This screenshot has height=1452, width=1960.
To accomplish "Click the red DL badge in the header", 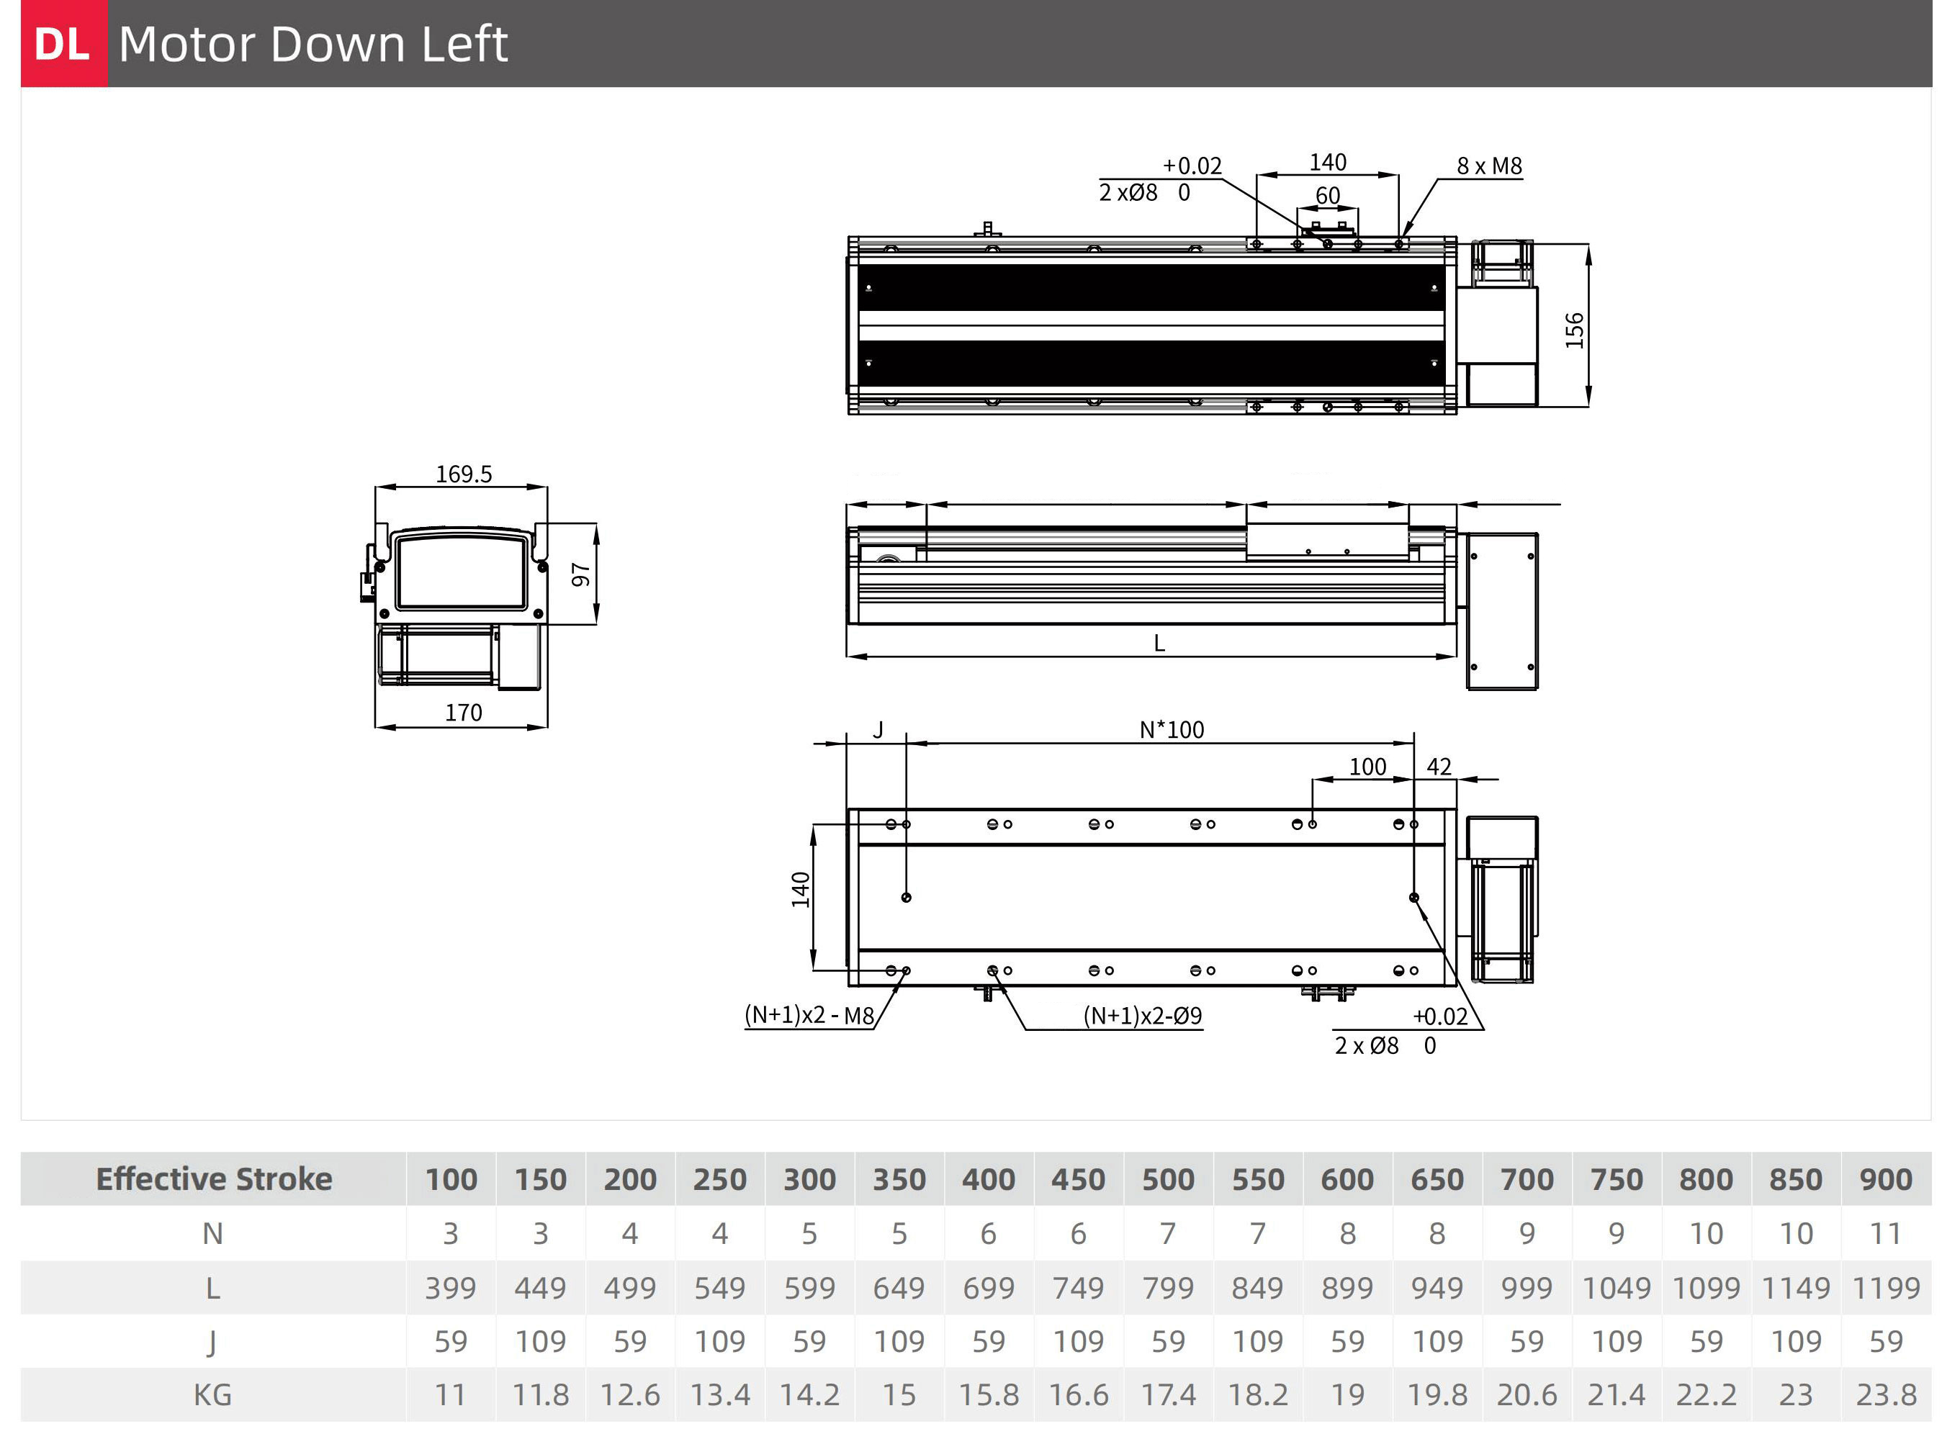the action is (x=64, y=43).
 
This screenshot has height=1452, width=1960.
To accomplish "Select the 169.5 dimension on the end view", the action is (x=463, y=474).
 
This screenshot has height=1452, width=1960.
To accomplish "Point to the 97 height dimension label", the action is (x=580, y=574).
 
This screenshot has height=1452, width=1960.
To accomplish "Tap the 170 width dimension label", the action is (x=463, y=712).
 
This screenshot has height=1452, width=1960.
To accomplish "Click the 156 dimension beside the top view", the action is (x=1574, y=330).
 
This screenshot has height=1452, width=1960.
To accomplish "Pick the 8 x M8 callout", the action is (x=1489, y=166).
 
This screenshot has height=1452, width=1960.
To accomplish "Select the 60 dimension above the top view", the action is (x=1327, y=195).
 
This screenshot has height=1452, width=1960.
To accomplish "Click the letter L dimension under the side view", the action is (x=1159, y=644).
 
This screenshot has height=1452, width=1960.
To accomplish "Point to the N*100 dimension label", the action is (x=1172, y=729).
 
